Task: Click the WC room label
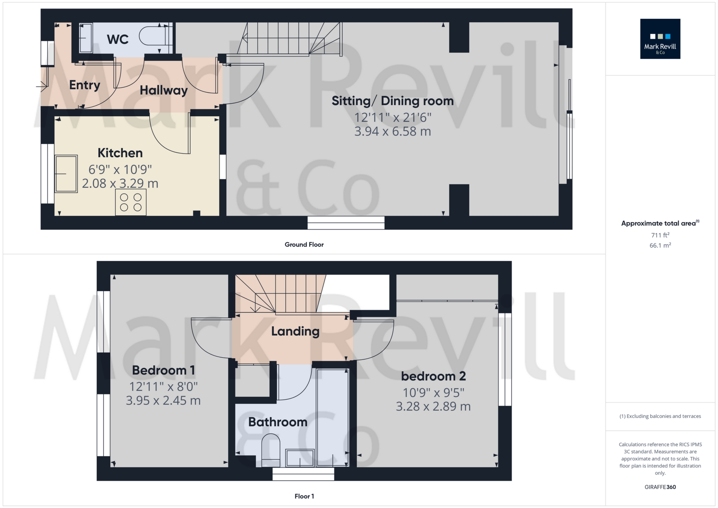point(117,39)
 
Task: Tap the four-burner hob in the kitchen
point(130,202)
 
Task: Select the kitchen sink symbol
point(66,174)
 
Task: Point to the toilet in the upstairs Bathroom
point(271,450)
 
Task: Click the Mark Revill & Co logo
point(660,39)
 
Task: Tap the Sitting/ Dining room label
point(393,101)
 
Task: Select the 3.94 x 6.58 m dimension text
point(393,132)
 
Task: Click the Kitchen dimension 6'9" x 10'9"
point(120,169)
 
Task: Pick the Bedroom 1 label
point(163,370)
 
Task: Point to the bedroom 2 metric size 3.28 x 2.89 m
point(433,406)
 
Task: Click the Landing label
point(295,331)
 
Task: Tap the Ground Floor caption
point(304,245)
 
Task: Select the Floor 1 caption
point(304,496)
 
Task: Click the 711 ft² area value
point(660,235)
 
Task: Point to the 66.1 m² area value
point(660,245)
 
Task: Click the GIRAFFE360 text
point(660,487)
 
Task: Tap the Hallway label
point(163,90)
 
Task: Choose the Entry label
point(85,85)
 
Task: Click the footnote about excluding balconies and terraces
point(660,416)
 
